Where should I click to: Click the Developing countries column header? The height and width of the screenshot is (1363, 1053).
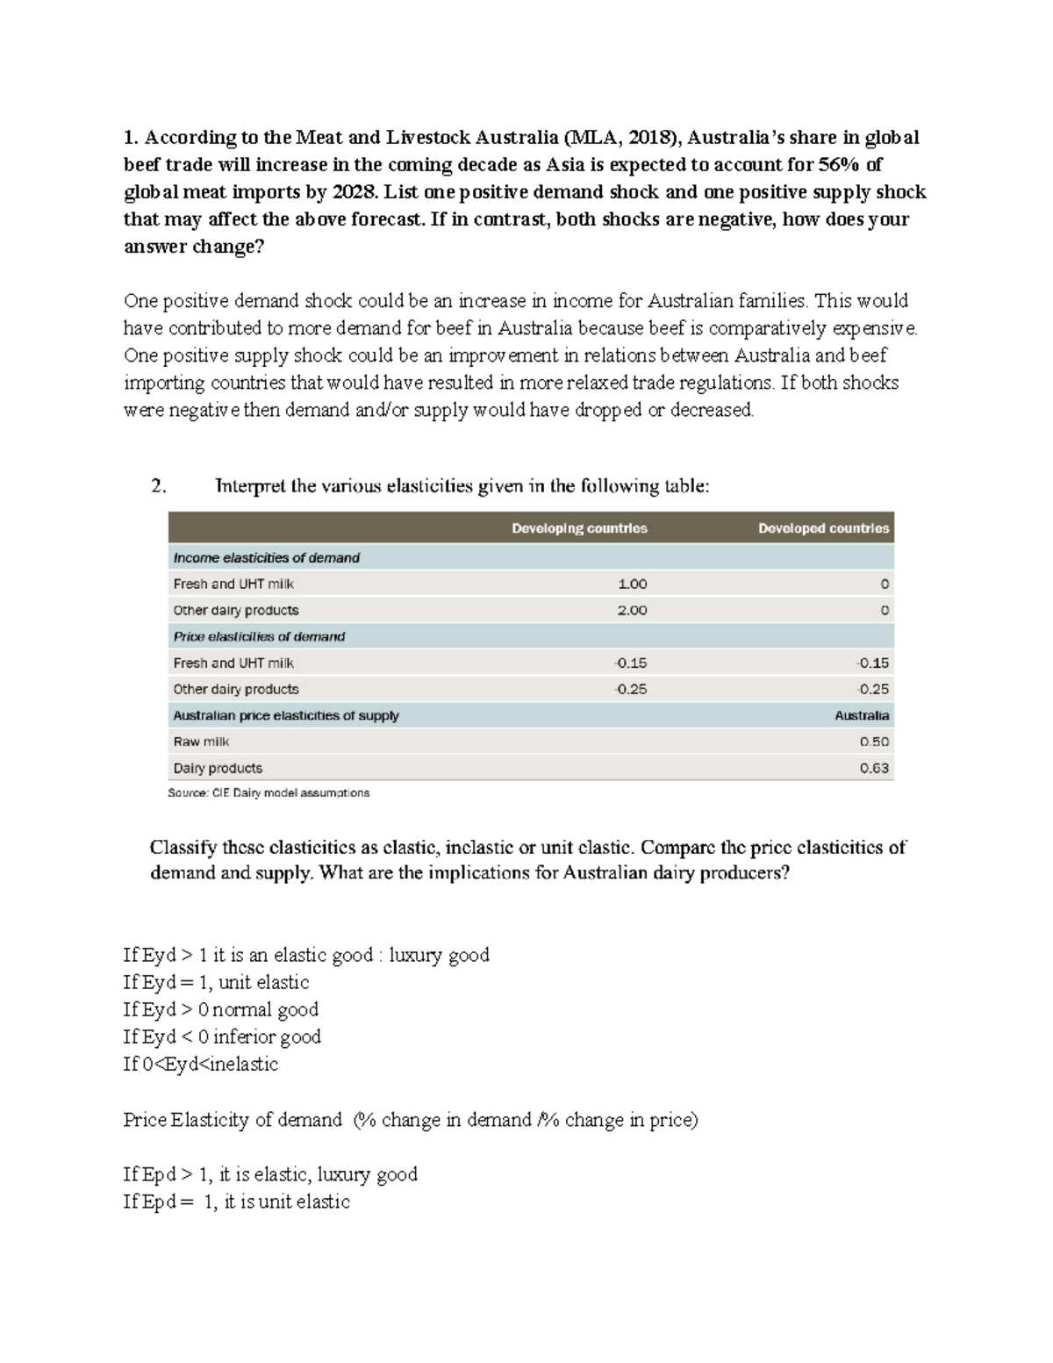click(x=579, y=528)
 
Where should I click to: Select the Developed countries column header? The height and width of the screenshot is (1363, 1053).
click(x=823, y=528)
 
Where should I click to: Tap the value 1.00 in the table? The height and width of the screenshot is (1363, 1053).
click(x=632, y=584)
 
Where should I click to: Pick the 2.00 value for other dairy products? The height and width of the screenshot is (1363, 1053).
click(x=632, y=610)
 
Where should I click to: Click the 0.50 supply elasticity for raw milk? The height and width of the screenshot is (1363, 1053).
click(x=874, y=742)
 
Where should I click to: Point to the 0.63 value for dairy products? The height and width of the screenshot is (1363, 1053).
click(x=874, y=768)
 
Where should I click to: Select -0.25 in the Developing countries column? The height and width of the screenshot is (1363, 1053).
click(x=631, y=689)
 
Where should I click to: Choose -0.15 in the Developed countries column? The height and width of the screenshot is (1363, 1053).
click(x=872, y=663)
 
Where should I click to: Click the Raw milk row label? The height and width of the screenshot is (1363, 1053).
click(x=201, y=742)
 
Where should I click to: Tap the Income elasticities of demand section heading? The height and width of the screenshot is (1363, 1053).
click(x=266, y=557)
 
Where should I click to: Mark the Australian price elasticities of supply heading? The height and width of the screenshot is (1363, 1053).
click(x=286, y=715)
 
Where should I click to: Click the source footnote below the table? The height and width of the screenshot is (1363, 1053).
click(x=269, y=793)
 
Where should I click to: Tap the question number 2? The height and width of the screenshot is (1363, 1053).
click(x=158, y=486)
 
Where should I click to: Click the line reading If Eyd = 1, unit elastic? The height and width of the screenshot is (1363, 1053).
click(x=216, y=982)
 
